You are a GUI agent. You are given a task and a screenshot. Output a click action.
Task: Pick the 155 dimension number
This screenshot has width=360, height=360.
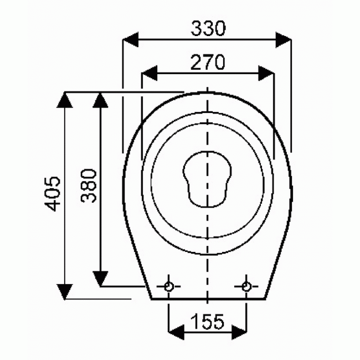tap(208, 320)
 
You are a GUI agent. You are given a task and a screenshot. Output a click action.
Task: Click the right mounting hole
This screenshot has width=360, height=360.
tap(246, 286)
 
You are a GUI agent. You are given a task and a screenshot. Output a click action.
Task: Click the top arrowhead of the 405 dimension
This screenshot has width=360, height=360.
tap(65, 100)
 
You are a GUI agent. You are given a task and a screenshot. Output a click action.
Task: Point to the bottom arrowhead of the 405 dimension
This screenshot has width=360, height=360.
tap(65, 291)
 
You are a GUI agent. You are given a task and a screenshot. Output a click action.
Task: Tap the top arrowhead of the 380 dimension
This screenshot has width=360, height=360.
tap(100, 100)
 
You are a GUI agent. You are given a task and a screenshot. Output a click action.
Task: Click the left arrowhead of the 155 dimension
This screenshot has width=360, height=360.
tap(176, 332)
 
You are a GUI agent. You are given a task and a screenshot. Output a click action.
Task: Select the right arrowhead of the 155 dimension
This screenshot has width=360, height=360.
tap(239, 332)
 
